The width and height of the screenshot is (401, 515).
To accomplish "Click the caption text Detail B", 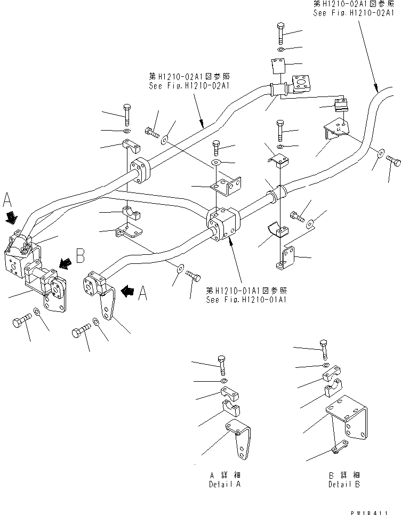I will pos(344,485).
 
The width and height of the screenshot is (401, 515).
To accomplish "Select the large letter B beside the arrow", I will pos(81,256).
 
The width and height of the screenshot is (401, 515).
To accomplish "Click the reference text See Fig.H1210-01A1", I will pos(246,300).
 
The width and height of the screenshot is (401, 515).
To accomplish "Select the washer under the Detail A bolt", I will pos(224,381).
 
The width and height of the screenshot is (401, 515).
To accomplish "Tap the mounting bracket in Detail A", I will pos(238,434).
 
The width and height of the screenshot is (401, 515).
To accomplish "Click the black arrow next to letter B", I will pos(65,262).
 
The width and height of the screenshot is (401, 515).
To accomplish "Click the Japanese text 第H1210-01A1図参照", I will pos(246,291).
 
